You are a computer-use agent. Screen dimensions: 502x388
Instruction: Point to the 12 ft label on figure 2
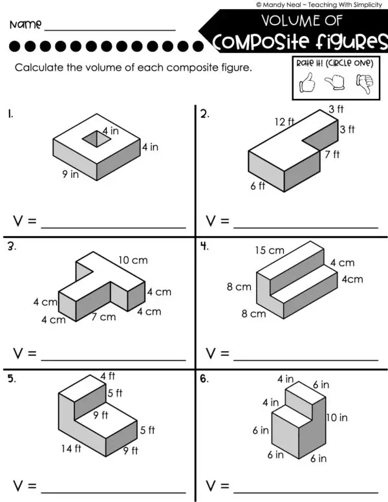click(284, 122)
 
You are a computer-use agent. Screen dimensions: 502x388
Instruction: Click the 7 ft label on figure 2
click(332, 155)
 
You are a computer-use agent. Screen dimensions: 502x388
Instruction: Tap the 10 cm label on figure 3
click(133, 260)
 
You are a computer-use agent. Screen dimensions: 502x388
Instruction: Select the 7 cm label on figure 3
click(103, 317)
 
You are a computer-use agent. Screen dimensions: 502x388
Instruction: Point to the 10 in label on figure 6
click(336, 417)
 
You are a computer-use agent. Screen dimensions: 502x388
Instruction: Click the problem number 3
click(11, 246)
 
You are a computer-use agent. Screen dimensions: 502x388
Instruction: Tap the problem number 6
click(204, 379)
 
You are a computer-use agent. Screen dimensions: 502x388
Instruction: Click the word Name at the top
click(26, 25)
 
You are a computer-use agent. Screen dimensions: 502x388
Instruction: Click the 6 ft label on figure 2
click(257, 186)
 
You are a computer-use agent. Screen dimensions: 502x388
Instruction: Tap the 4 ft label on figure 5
click(107, 376)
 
